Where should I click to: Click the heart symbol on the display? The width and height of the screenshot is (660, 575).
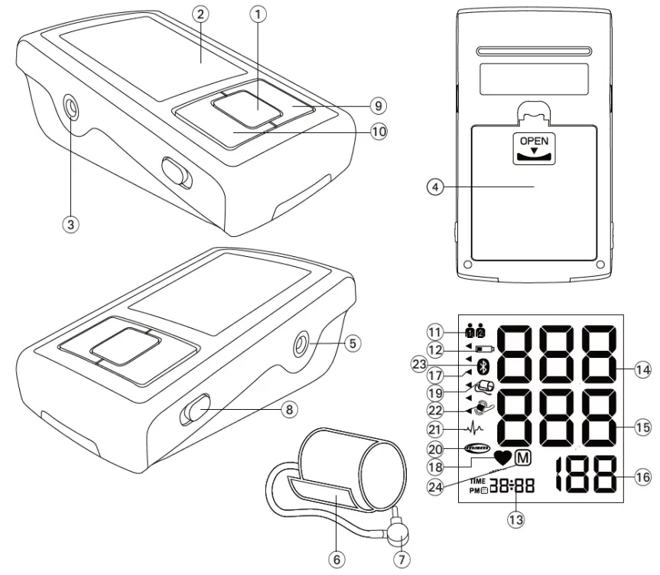coord(502,458)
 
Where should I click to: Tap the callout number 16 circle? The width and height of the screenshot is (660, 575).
coord(643,476)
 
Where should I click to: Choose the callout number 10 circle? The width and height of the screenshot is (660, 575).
coord(378,131)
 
